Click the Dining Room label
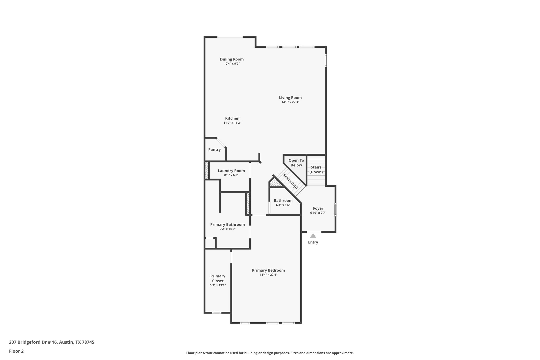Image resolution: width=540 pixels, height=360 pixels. [x=232, y=59]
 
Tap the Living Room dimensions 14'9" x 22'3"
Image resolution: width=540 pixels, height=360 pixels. [x=290, y=102]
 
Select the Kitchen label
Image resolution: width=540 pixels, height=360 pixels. [x=232, y=118]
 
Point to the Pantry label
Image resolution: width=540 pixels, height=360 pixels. [x=214, y=150]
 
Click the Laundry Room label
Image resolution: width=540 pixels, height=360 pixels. [x=231, y=171]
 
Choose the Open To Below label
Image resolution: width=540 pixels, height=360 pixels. [x=296, y=163]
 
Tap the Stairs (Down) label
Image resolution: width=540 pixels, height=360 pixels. [x=316, y=170]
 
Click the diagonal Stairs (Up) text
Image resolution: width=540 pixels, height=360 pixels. [x=290, y=181]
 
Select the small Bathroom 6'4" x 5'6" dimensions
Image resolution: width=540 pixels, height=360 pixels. [x=283, y=205]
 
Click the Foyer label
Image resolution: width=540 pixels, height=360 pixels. [x=318, y=208]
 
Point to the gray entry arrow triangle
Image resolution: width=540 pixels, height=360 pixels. [x=313, y=236]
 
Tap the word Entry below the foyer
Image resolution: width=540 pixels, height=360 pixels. [x=313, y=242]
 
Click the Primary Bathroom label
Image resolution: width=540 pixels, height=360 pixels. [x=227, y=224]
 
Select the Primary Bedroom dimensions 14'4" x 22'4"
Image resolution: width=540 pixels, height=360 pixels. [x=268, y=275]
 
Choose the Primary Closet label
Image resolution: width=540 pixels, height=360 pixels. [x=218, y=278]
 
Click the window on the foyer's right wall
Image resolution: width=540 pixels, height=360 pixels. [x=335, y=209]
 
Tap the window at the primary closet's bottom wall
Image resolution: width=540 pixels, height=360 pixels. [x=217, y=313]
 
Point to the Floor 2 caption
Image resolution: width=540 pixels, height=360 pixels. [x=16, y=351]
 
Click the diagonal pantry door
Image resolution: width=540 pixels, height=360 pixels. [x=221, y=142]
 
